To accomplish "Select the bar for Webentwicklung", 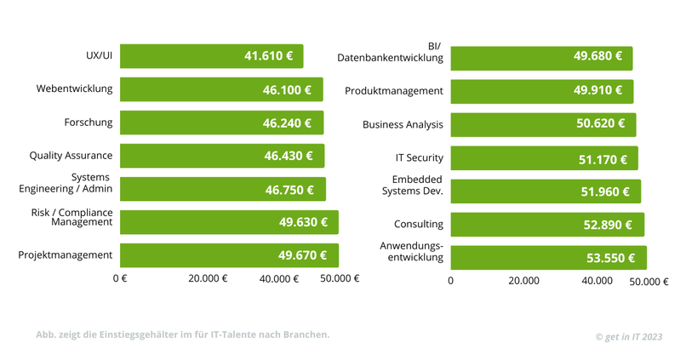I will (221, 89).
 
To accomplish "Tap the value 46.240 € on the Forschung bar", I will (287, 123).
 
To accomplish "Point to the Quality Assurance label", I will (71, 156).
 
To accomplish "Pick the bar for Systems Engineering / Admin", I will (222, 189).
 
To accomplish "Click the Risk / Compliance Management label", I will (71, 217).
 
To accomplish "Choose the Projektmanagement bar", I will (229, 255).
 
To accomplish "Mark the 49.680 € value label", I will (597, 57).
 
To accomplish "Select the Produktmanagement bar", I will (541, 90).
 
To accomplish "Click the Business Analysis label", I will (403, 124).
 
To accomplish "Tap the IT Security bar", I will (544, 158).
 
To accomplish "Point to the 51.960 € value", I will (605, 191).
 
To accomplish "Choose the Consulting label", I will (418, 225).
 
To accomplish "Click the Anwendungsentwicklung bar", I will (548, 258).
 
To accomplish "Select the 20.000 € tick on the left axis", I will (208, 278).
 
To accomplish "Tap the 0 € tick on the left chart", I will (120, 278).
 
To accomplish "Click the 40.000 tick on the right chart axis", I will (597, 281).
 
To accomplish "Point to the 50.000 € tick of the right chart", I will (649, 282).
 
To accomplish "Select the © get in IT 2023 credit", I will (628, 337).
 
